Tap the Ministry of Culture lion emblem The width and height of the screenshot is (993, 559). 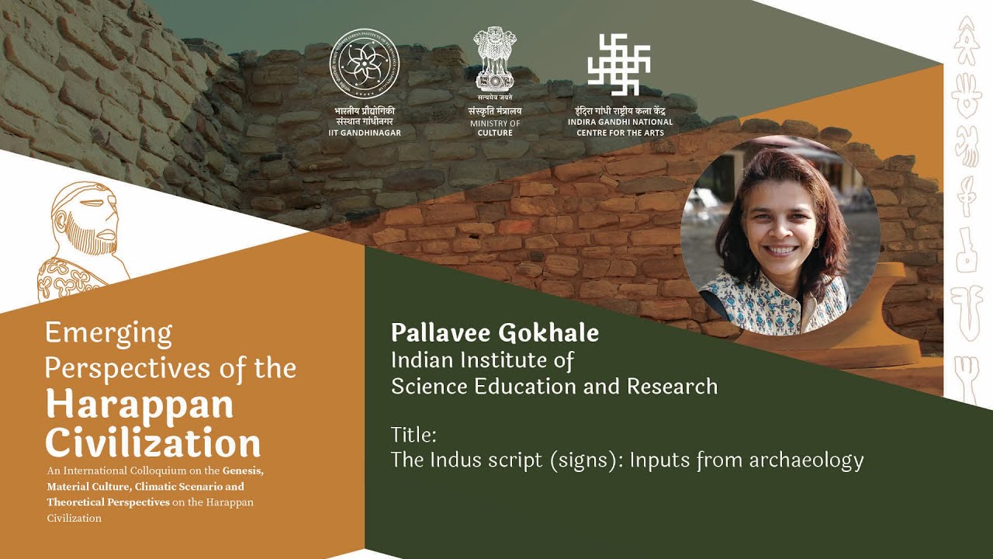(x=494, y=61)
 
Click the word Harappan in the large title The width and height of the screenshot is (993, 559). (x=139, y=404)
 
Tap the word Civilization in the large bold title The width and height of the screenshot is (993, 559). (x=153, y=443)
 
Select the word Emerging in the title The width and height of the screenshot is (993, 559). (x=109, y=333)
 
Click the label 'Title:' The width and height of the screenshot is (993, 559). (x=414, y=433)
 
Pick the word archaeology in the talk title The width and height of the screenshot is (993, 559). (x=806, y=460)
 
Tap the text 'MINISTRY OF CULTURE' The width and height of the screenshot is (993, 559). (x=494, y=128)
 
